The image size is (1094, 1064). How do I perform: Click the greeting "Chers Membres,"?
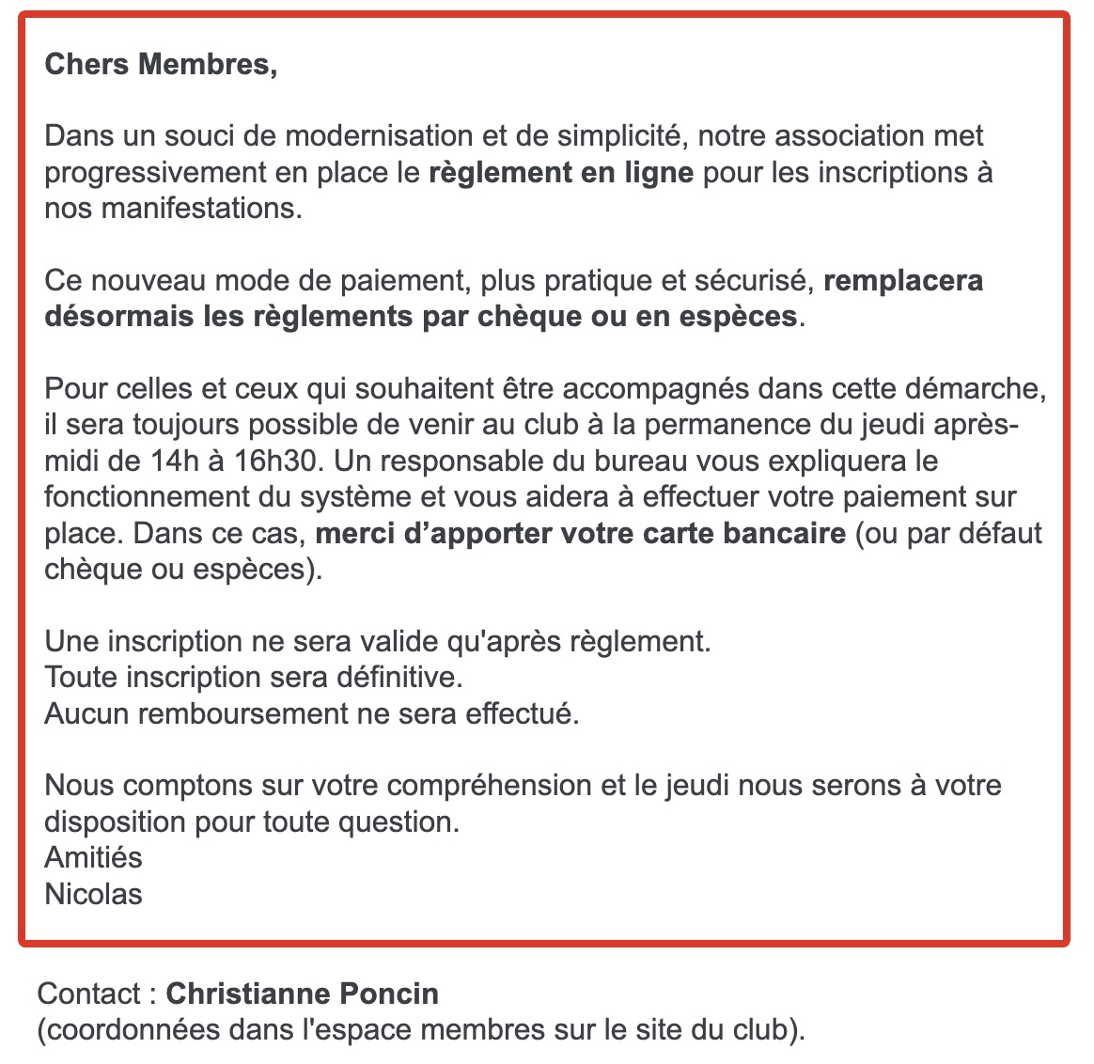point(161,65)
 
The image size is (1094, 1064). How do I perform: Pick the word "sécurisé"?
point(754,280)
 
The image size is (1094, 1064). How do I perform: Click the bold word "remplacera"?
point(903,280)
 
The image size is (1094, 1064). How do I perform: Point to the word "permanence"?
point(748,425)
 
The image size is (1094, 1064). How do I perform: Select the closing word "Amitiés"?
point(93,857)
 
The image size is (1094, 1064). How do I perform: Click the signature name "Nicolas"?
point(93,893)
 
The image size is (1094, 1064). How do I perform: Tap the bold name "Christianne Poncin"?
point(302,994)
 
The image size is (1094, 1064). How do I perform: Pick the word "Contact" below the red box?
point(88,994)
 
